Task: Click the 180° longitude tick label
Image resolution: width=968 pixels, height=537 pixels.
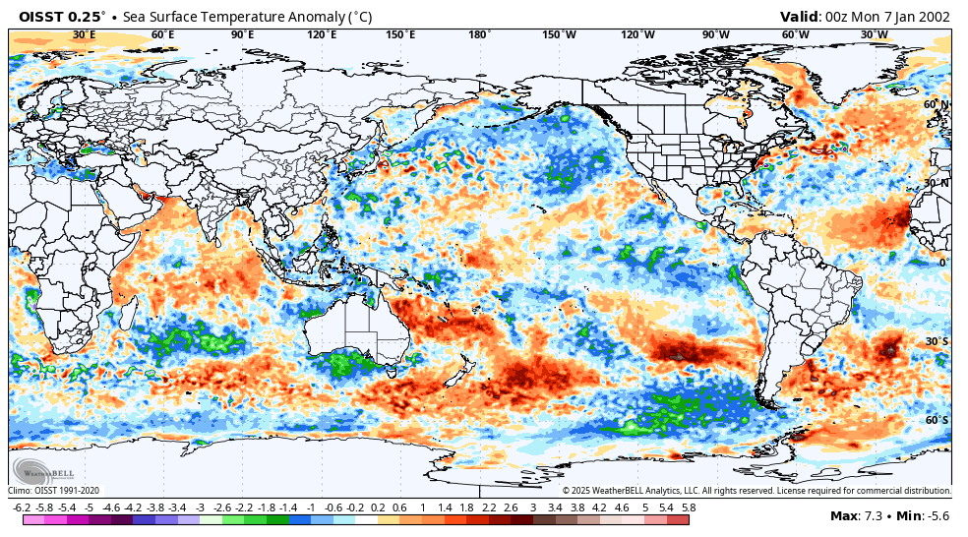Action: pyautogui.click(x=479, y=35)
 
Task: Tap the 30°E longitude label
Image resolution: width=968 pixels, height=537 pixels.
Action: pyautogui.click(x=84, y=35)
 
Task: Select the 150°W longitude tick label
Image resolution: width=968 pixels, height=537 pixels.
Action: pyautogui.click(x=558, y=35)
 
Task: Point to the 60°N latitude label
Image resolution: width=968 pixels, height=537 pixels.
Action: pyautogui.click(x=936, y=104)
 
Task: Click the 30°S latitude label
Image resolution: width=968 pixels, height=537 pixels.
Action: pyautogui.click(x=937, y=341)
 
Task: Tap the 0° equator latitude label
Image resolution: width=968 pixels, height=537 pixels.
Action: pyautogui.click(x=941, y=263)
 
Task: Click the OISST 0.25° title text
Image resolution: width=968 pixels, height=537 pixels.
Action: pyautogui.click(x=61, y=17)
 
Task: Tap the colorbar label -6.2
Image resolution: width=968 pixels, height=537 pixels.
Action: pyautogui.click(x=21, y=507)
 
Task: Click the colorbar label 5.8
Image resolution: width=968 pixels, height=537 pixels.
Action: pyautogui.click(x=689, y=507)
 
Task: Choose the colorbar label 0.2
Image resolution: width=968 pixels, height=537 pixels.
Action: pyautogui.click(x=378, y=507)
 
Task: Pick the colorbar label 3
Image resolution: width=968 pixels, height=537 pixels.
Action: pyautogui.click(x=533, y=507)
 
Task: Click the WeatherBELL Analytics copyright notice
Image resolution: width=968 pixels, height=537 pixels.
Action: pyautogui.click(x=756, y=491)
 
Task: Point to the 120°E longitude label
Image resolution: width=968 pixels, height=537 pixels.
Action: pyautogui.click(x=321, y=35)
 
